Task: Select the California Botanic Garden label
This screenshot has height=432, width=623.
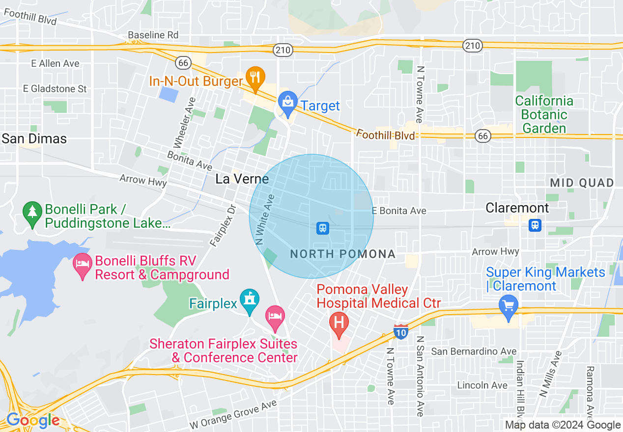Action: [x=544, y=115]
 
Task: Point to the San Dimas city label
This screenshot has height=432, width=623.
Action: [x=34, y=138]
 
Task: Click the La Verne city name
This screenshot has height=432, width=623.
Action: [x=242, y=179]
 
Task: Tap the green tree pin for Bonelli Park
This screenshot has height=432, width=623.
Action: [x=32, y=214]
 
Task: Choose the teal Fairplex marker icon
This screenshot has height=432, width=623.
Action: [x=250, y=300]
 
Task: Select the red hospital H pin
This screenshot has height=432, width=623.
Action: [x=339, y=324]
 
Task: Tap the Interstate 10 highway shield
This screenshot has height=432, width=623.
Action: [x=401, y=332]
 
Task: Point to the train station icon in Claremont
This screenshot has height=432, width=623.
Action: [x=535, y=225]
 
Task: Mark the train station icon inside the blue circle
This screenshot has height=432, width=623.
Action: [x=322, y=228]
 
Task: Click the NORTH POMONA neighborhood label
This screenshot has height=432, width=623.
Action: [x=343, y=254]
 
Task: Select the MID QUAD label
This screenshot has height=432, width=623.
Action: [x=582, y=183]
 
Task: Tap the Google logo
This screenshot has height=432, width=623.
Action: [x=33, y=421]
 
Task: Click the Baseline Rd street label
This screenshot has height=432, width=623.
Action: [x=153, y=35]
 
